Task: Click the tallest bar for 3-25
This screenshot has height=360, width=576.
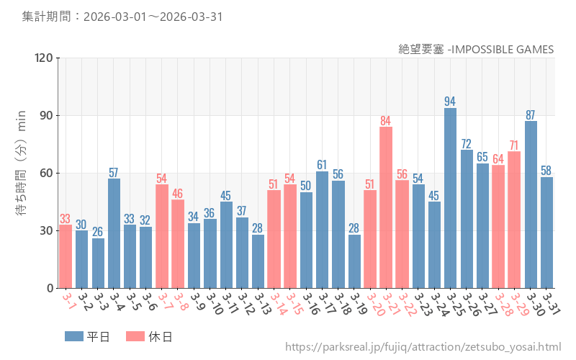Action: click(451, 198)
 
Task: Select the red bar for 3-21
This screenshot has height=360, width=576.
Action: click(386, 207)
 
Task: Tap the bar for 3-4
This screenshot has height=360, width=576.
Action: click(114, 233)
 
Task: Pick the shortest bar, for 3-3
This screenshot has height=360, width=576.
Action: click(98, 264)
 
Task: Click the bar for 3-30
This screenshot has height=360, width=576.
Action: click(531, 204)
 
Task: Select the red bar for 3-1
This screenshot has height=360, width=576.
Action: click(66, 256)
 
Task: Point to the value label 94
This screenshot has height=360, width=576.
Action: click(449, 102)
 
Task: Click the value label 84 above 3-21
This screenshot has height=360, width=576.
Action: click(385, 121)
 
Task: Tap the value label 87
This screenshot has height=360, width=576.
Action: click(530, 115)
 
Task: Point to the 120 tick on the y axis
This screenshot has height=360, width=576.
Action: click(44, 58)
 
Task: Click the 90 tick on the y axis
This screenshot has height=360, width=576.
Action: click(47, 116)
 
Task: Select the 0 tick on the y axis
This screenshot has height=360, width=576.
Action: click(50, 289)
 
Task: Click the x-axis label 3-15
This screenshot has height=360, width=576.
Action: click(294, 303)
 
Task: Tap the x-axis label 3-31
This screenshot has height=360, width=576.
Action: click(551, 303)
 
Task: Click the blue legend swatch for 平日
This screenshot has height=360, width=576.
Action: click(74, 336)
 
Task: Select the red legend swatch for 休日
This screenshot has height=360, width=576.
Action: click(135, 336)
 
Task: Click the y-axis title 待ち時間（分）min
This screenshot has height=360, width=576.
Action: click(21, 163)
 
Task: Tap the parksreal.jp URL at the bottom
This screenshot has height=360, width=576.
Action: click(423, 347)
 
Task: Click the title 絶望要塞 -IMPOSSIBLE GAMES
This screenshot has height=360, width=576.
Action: click(476, 49)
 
